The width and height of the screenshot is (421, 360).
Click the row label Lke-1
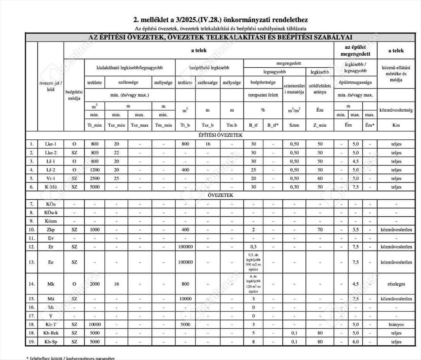51,144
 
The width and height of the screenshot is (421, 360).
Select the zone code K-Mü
51,187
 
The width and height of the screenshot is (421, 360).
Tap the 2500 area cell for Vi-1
95,178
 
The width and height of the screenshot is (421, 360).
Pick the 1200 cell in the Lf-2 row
95,170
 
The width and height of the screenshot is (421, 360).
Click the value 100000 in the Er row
185,247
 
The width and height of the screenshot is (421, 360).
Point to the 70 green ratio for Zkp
320,230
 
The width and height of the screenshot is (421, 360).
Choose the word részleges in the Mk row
396,284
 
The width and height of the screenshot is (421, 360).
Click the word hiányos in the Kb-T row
396,324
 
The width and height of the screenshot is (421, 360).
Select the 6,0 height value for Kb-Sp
356,342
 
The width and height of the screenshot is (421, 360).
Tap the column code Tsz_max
140,125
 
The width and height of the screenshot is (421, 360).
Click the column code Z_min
320,125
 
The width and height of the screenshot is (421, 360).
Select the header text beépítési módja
74,95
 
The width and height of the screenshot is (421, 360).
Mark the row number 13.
32,262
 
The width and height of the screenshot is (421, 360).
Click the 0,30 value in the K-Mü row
294,187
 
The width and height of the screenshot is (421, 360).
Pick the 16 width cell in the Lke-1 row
208,144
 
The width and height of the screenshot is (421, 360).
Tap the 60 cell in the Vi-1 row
320,178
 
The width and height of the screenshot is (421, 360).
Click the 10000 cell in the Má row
185,299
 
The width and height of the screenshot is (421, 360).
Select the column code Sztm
294,125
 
